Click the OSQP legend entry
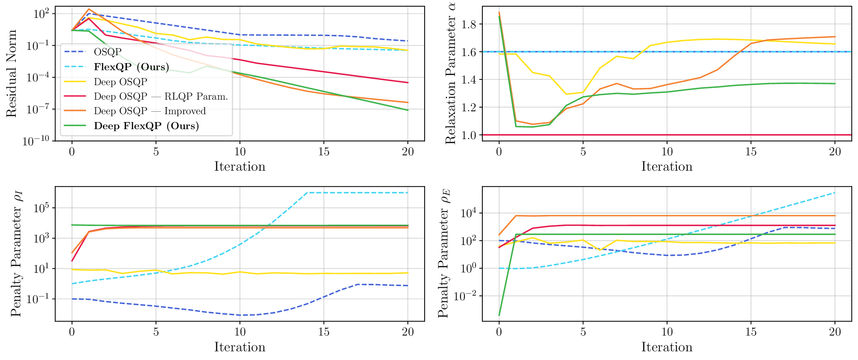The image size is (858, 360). click(108, 52)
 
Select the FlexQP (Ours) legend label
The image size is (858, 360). click(131, 67)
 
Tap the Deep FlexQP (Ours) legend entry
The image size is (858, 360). click(146, 126)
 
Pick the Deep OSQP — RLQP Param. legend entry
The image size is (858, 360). click(161, 96)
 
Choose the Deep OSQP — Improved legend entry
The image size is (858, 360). click(149, 111)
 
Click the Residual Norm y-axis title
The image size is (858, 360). click(12, 73)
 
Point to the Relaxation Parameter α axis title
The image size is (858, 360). click(451, 73)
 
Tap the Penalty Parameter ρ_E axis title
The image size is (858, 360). click(444, 254)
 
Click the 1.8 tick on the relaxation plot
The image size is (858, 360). click(469, 24)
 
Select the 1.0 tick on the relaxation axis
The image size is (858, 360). click(469, 135)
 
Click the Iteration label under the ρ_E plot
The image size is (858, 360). click(667, 347)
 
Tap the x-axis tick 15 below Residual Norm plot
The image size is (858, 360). click(324, 152)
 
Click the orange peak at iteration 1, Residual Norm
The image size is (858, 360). click(89, 9)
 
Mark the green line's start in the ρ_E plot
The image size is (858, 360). click(499, 316)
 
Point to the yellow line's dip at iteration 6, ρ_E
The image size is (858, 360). click(600, 250)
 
